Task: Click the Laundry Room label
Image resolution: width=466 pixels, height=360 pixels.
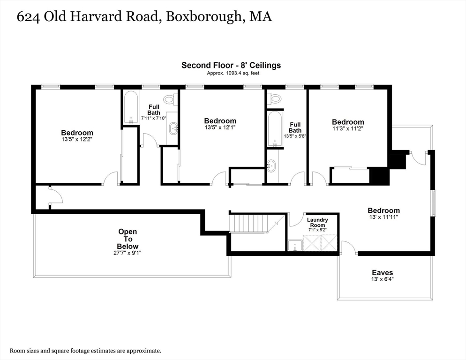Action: [x=317, y=222]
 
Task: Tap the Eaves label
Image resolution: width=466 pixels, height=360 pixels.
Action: [x=382, y=273]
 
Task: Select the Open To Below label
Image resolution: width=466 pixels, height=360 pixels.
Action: [x=128, y=239]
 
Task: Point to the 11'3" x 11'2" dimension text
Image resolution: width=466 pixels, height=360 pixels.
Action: [x=348, y=128]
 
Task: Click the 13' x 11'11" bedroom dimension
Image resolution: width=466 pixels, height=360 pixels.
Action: [x=383, y=217]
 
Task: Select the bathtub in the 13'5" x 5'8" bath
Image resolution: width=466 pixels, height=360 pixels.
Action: [x=275, y=129]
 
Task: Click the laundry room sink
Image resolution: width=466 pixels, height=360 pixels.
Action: [x=295, y=246]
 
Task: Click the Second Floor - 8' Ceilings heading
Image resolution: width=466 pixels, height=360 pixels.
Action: [x=231, y=65]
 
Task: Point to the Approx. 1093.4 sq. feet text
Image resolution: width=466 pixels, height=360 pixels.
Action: [x=233, y=73]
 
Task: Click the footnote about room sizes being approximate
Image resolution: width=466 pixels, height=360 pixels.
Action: [x=86, y=351]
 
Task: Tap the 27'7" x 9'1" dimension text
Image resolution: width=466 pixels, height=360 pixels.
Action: [x=127, y=253]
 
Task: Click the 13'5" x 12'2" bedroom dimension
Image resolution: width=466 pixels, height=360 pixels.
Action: [x=77, y=139]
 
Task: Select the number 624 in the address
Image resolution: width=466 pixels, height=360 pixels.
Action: [x=28, y=17]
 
